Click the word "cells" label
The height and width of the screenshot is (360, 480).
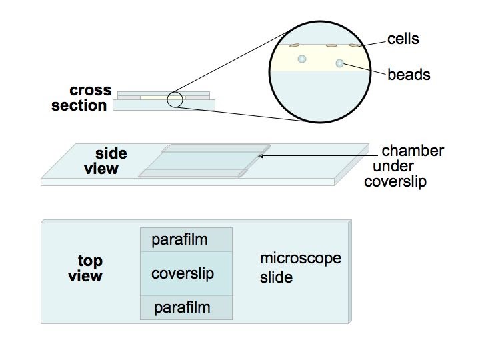click(x=403, y=39)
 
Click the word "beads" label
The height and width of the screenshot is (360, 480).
click(x=409, y=74)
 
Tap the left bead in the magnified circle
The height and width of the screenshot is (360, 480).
click(x=302, y=59)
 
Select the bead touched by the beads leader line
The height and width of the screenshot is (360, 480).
click(x=339, y=64)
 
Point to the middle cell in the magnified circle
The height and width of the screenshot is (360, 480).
click(x=331, y=46)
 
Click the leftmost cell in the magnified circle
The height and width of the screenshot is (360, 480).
click(x=293, y=46)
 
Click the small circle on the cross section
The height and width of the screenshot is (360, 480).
click(x=175, y=99)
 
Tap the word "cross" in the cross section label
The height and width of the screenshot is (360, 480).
click(x=91, y=91)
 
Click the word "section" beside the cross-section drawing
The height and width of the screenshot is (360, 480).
click(x=79, y=105)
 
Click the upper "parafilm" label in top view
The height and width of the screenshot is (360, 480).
click(x=180, y=239)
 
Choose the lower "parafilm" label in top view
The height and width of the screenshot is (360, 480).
click(x=182, y=307)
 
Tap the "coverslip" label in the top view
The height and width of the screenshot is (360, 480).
click(x=183, y=273)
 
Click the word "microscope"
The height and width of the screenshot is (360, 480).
click(x=300, y=258)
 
